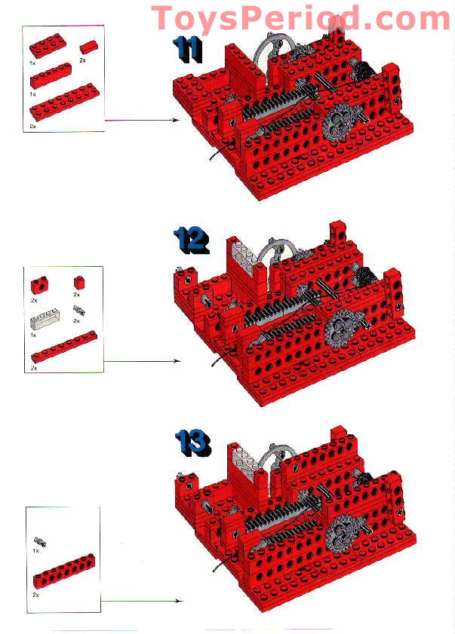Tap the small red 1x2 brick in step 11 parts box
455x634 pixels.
tap(88, 47)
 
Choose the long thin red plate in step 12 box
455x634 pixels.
tap(63, 351)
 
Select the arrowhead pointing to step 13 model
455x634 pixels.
tap(179, 601)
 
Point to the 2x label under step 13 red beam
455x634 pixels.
tap(35, 596)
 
